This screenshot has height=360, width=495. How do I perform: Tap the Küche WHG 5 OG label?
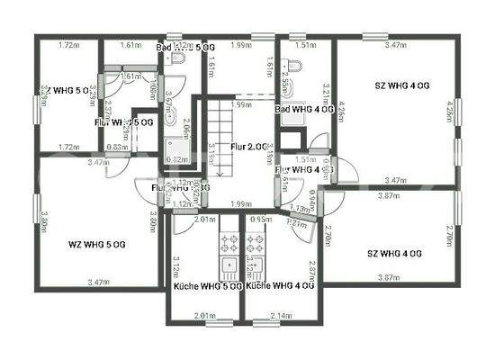207,285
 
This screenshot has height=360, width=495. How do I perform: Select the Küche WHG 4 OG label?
280,285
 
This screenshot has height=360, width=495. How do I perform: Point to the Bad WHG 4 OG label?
304,110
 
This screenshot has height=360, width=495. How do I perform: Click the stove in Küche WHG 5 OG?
228,243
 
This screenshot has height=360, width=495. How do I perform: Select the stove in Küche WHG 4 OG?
255,243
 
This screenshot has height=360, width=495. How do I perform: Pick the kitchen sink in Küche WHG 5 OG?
229,265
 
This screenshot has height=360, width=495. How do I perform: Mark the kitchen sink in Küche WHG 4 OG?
255,265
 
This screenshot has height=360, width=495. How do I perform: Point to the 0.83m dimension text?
116,147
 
